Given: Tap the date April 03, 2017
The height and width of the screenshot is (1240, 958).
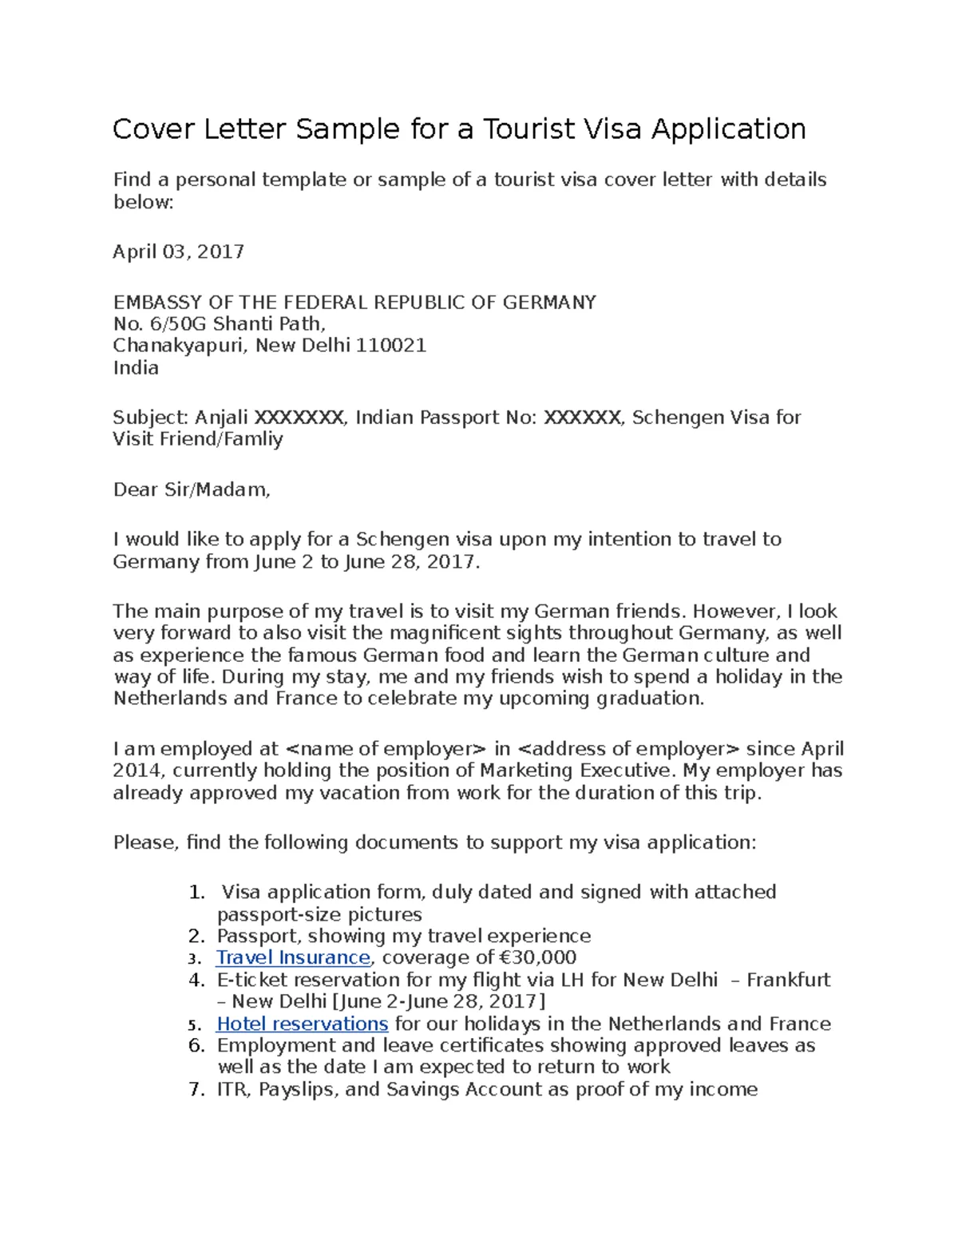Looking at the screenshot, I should (178, 252).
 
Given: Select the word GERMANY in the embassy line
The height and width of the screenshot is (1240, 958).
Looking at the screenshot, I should (549, 303).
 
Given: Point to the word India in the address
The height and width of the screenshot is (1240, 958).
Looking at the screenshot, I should (136, 368).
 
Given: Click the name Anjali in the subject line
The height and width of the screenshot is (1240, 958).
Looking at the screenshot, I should (222, 418).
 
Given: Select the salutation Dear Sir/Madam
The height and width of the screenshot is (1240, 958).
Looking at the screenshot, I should (192, 489).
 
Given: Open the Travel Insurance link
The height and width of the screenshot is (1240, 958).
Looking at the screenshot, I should (293, 957).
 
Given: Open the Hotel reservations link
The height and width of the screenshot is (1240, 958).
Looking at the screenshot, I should (302, 1024).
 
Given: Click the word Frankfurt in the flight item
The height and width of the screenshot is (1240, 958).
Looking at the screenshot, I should (788, 980).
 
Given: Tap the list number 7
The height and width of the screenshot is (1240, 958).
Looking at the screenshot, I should (197, 1089).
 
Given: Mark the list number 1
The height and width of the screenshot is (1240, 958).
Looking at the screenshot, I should (197, 892).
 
